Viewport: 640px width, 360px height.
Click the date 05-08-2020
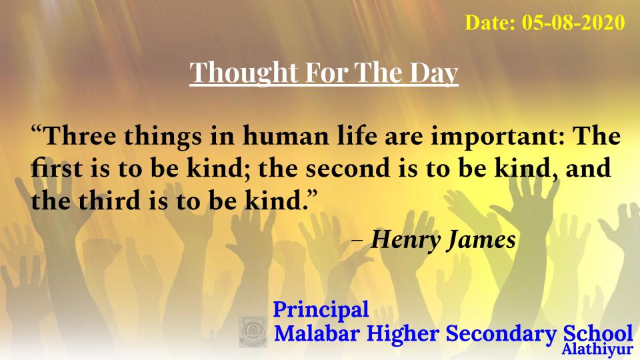pyautogui.click(x=573, y=22)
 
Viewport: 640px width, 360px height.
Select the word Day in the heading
pyautogui.click(x=434, y=73)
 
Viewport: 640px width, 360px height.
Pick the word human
pyautogui.click(x=286, y=135)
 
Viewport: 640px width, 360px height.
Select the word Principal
pyautogui.click(x=321, y=309)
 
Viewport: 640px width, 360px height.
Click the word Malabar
pyautogui.click(x=317, y=333)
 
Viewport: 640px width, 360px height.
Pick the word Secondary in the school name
pyautogui.click(x=501, y=334)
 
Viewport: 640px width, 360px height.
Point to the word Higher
pyautogui.click(x=402, y=334)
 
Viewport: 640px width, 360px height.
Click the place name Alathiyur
pyautogui.click(x=597, y=350)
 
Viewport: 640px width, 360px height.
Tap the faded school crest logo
pyautogui.click(x=253, y=331)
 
